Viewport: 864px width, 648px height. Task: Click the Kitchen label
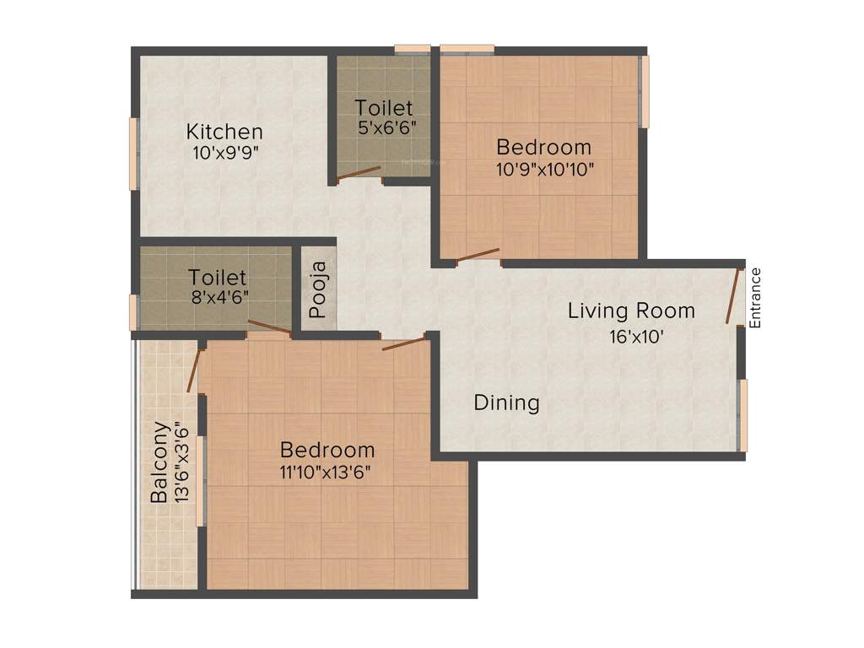click(224, 132)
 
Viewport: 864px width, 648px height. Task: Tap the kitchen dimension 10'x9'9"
click(224, 154)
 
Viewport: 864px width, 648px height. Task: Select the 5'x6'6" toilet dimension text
click(385, 128)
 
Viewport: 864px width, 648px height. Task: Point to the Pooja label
click(317, 291)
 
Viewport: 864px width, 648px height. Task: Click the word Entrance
click(756, 297)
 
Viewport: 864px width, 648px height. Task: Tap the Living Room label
click(631, 310)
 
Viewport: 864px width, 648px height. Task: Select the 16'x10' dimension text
click(631, 336)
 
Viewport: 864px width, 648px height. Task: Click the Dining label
click(506, 403)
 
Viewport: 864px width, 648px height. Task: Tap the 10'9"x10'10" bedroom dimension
click(545, 168)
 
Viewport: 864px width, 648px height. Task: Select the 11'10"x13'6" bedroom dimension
click(327, 472)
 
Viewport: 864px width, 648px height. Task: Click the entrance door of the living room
click(732, 295)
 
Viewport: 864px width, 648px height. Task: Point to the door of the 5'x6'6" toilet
click(358, 173)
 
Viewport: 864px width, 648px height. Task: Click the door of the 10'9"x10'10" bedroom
click(478, 254)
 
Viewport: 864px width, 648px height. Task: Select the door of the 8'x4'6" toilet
click(269, 328)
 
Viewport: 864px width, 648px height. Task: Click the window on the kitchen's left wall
click(132, 154)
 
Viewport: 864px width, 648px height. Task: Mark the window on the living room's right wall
click(742, 413)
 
